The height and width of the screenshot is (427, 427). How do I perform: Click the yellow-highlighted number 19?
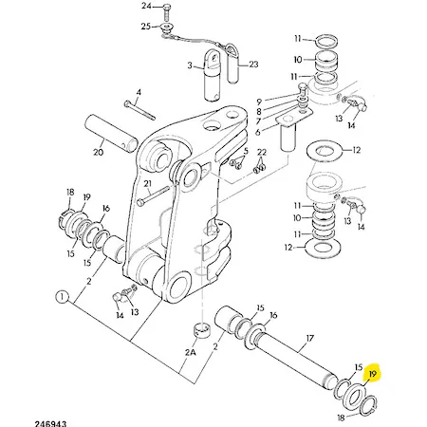coord(373,374)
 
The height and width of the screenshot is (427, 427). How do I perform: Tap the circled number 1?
coord(62,297)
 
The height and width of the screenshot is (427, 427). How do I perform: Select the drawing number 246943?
coord(51,423)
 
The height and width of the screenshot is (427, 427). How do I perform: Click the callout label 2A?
coord(191,352)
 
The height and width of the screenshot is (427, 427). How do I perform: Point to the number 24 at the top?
coord(146,6)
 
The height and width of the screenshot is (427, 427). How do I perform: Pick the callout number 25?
coord(146,26)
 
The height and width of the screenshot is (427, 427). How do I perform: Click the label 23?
coord(253,65)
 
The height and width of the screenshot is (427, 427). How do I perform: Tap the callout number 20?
coord(99,152)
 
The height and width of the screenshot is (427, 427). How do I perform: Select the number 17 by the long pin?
coord(310,339)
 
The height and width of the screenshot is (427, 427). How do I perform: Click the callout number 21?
coord(148,183)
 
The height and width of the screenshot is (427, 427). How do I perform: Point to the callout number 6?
coord(258,132)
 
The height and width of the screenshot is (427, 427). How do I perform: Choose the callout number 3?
coord(190,65)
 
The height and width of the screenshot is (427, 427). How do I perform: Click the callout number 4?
coord(139,92)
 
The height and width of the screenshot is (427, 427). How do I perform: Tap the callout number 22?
coord(262,152)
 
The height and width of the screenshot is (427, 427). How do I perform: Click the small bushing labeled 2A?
coord(202,330)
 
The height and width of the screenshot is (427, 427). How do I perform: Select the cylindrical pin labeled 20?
coord(111,133)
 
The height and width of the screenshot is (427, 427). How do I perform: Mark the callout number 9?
coord(259,102)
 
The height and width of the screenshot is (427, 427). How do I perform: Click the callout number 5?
coord(246,151)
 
